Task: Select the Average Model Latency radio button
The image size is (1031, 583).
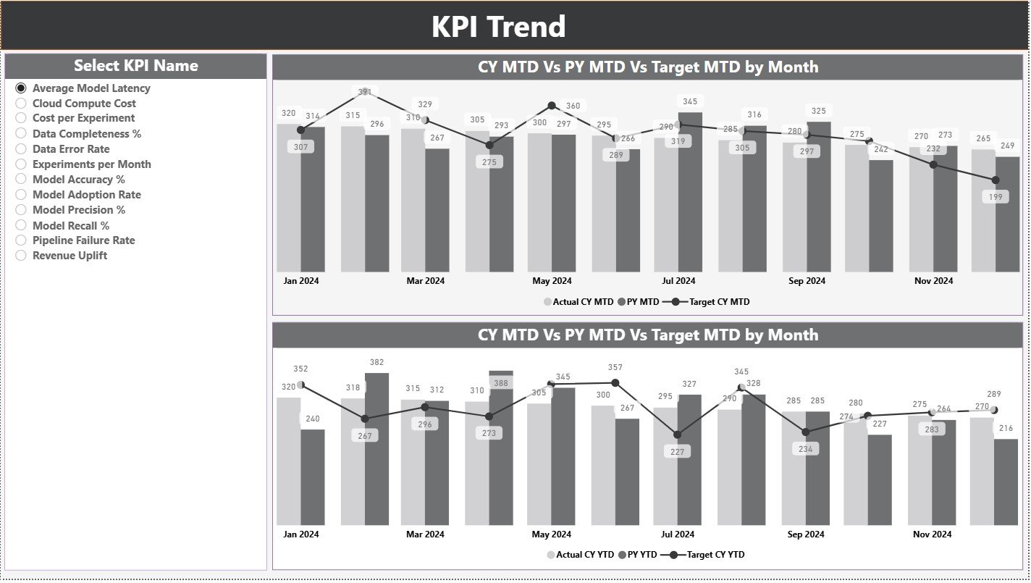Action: pyautogui.click(x=21, y=88)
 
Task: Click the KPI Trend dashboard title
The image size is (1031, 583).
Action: pyautogui.click(x=498, y=27)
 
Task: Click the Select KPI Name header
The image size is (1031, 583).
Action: pyautogui.click(x=135, y=66)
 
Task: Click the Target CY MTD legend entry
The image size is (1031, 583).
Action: pyautogui.click(x=718, y=302)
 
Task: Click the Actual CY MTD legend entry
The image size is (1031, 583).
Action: pyautogui.click(x=582, y=302)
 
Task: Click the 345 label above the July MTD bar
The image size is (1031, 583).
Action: pyautogui.click(x=690, y=101)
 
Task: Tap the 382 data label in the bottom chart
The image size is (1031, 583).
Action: pyautogui.click(x=376, y=362)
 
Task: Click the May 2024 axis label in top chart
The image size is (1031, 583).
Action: pyautogui.click(x=552, y=281)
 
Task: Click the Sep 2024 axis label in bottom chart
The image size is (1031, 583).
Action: pyautogui.click(x=806, y=534)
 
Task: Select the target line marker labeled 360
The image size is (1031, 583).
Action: pyautogui.click(x=552, y=106)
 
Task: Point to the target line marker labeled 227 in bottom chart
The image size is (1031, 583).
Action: pyautogui.click(x=678, y=435)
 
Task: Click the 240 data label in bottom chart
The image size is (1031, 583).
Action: pyautogui.click(x=312, y=419)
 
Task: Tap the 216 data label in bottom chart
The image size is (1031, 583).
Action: pyautogui.click(x=1006, y=428)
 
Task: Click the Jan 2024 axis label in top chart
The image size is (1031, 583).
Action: pyautogui.click(x=300, y=281)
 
